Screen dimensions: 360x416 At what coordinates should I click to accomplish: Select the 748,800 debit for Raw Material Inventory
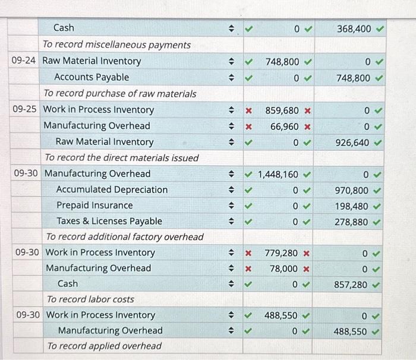tap(282, 61)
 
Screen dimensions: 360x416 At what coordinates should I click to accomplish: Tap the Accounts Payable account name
tap(92, 77)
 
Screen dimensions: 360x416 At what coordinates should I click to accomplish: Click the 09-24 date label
tap(25, 61)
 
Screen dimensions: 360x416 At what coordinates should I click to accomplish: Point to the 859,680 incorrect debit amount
tap(282, 110)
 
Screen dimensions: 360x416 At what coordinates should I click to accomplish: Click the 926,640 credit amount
tap(352, 142)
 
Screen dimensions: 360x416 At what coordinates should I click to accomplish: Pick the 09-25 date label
tap(25, 110)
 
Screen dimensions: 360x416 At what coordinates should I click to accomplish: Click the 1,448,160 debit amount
tap(278, 174)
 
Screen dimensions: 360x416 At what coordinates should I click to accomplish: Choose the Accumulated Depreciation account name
tap(112, 190)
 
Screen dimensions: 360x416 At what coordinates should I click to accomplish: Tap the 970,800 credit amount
tap(352, 190)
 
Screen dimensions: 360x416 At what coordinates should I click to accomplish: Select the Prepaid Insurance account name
tap(94, 206)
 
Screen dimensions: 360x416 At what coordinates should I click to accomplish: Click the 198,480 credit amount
tap(352, 206)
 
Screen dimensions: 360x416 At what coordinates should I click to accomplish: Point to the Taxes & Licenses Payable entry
tap(109, 222)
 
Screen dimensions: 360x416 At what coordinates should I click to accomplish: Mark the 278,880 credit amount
tap(352, 222)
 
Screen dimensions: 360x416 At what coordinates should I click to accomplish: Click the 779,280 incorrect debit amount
tap(282, 253)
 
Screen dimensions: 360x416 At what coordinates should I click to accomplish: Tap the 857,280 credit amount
tap(352, 285)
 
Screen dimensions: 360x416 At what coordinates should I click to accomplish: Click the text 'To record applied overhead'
tap(104, 346)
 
